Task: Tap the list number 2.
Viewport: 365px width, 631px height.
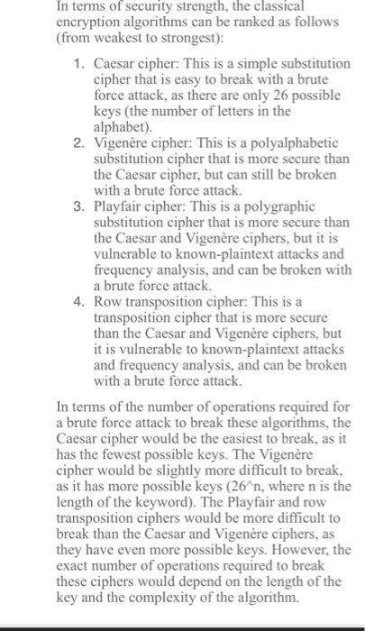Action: [x=79, y=142]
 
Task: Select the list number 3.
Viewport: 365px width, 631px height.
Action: [x=79, y=206]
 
